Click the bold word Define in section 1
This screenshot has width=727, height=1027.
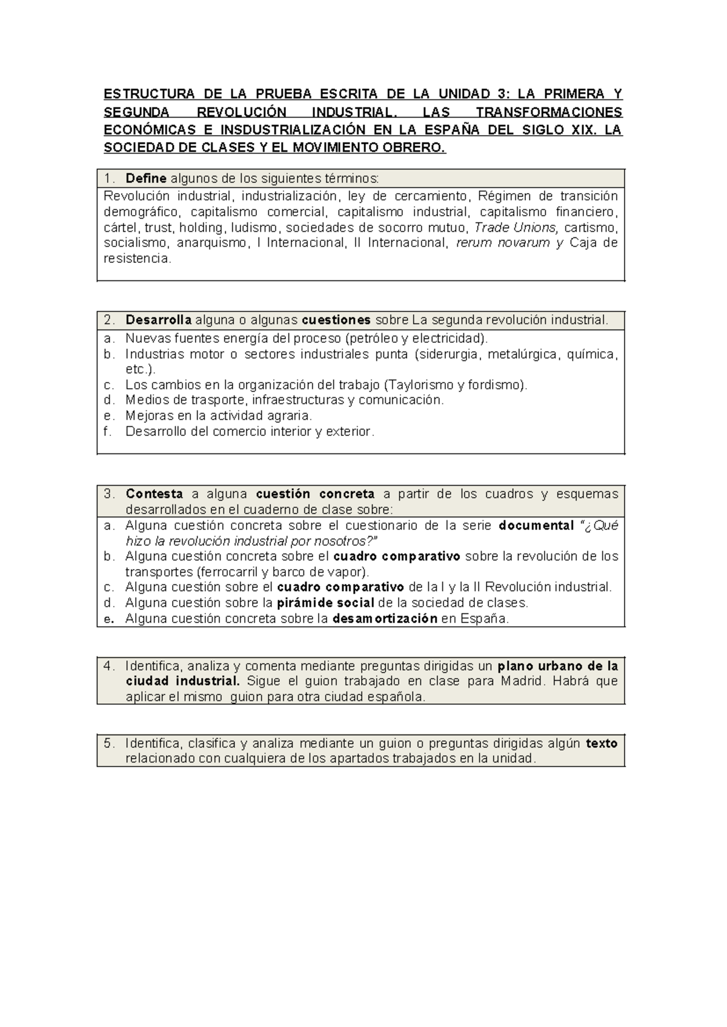point(145,179)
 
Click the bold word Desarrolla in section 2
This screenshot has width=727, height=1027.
point(158,320)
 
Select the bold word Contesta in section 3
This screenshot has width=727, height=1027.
point(154,494)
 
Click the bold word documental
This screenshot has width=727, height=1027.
point(536,526)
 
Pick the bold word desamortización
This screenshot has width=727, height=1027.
point(385,619)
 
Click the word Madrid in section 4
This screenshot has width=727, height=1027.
point(523,681)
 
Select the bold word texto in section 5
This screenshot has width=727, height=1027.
point(601,744)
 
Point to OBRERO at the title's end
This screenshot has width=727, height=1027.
point(419,147)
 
